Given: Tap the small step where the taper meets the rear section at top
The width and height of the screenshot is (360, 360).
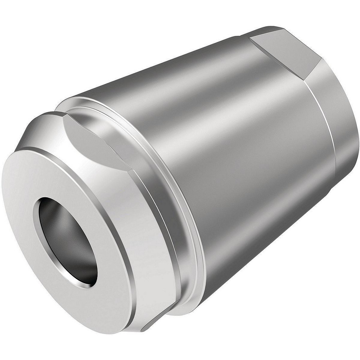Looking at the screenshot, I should coord(242,35).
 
